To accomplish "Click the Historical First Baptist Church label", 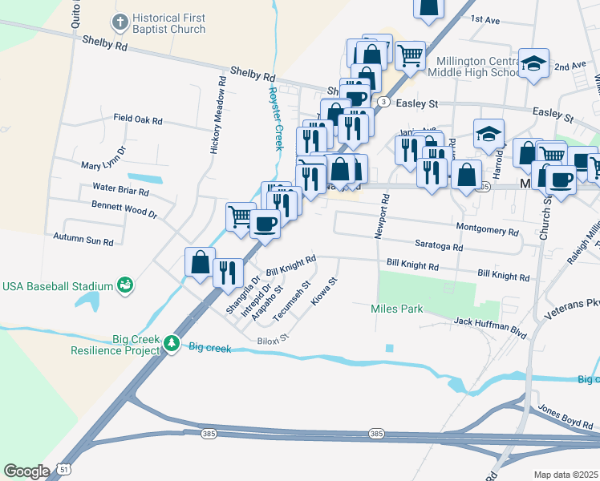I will (168, 23).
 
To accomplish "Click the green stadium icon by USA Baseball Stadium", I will (124, 285).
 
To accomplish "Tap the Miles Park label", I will (396, 309).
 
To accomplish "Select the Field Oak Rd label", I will (138, 119).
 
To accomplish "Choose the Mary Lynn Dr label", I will (104, 159).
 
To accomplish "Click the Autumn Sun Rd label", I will (83, 239).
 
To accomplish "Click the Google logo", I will (26, 471).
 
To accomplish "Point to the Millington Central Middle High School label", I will (479, 67).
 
